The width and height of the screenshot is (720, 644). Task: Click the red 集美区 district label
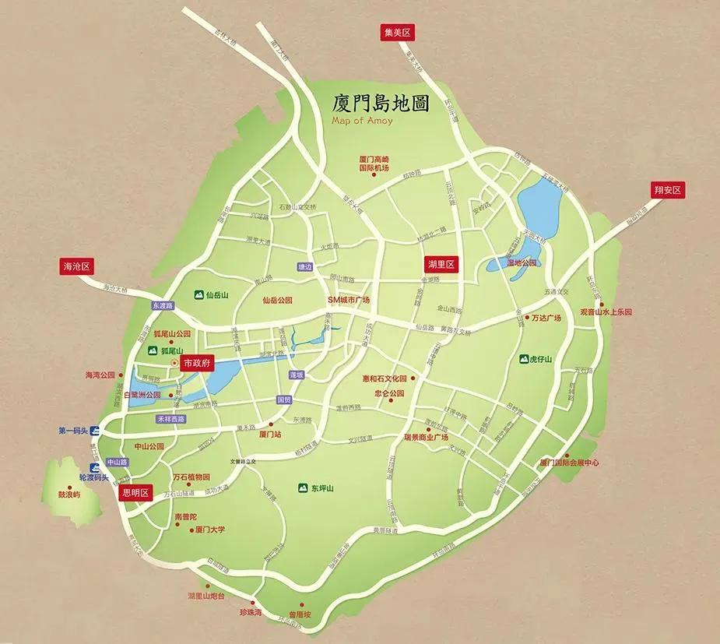[x=396, y=32]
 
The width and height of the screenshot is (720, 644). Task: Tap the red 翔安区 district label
[x=667, y=190]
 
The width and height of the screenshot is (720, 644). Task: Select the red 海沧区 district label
[x=77, y=266]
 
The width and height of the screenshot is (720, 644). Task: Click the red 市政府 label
[x=195, y=363]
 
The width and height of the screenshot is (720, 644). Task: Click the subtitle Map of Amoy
[x=362, y=121]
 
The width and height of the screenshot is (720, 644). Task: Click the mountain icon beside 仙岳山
[x=198, y=295]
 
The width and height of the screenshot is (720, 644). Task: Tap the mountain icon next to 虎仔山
[x=525, y=359]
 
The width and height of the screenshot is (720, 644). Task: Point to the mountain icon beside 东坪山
[x=302, y=488]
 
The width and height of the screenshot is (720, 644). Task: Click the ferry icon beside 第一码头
[x=94, y=430]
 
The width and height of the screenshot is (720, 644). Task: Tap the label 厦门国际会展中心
[x=569, y=463]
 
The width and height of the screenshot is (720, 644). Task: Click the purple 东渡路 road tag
[x=162, y=306]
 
